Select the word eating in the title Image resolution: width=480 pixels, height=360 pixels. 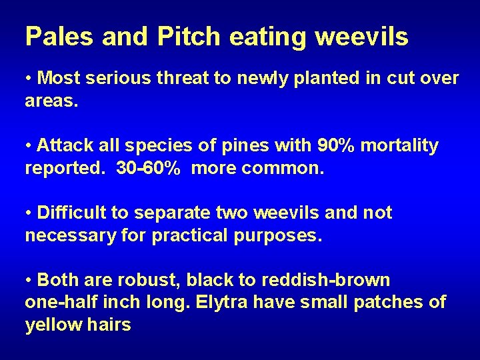click(x=271, y=38)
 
